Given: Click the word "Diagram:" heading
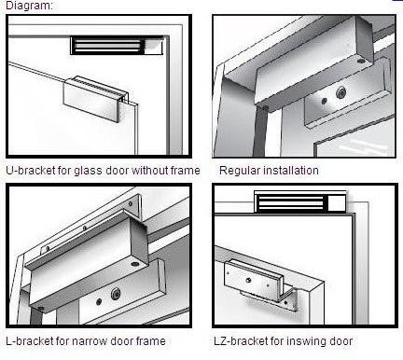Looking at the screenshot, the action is pyautogui.click(x=30, y=6).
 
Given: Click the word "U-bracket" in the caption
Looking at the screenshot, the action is pyautogui.click(x=31, y=171).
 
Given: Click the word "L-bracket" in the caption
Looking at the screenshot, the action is pyautogui.click(x=30, y=341).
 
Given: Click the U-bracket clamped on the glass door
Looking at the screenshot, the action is pyautogui.click(x=95, y=98).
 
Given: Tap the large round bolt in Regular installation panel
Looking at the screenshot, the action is pyautogui.click(x=342, y=92).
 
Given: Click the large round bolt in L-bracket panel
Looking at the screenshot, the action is pyautogui.click(x=116, y=294).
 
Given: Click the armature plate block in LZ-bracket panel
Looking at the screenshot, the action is pyautogui.click(x=255, y=281).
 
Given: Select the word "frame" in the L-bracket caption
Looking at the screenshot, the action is pyautogui.click(x=151, y=341).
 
